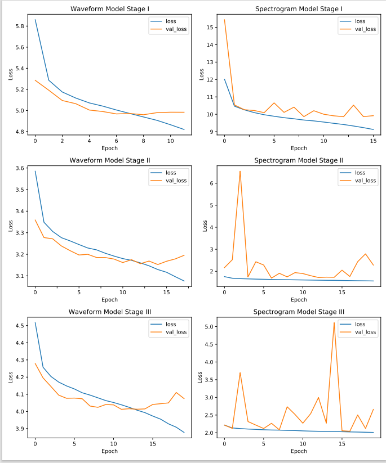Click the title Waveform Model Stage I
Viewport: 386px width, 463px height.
[x=109, y=9]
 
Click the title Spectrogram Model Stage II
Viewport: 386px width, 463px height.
[x=299, y=160]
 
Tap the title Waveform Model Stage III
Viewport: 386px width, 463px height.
[x=109, y=312]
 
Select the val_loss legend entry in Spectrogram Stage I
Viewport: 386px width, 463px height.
[x=365, y=29]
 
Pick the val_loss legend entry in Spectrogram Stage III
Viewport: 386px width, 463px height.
[x=365, y=332]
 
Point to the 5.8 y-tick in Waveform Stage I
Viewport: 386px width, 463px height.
[x=20, y=26]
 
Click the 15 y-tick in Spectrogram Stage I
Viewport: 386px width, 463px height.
[x=211, y=27]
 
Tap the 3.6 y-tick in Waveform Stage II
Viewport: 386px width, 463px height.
[x=20, y=168]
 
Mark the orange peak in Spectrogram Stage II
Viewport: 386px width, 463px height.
[x=240, y=171]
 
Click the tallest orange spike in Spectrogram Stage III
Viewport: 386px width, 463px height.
[x=334, y=322]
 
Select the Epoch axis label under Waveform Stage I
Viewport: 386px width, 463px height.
[x=109, y=149]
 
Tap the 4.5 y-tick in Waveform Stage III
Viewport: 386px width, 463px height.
[x=20, y=326]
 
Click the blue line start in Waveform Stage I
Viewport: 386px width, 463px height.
[x=35, y=20]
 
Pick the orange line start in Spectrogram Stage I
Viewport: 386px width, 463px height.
[x=224, y=20]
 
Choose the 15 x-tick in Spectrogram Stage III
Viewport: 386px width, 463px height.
[x=342, y=443]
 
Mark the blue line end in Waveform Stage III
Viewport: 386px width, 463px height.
[x=184, y=432]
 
